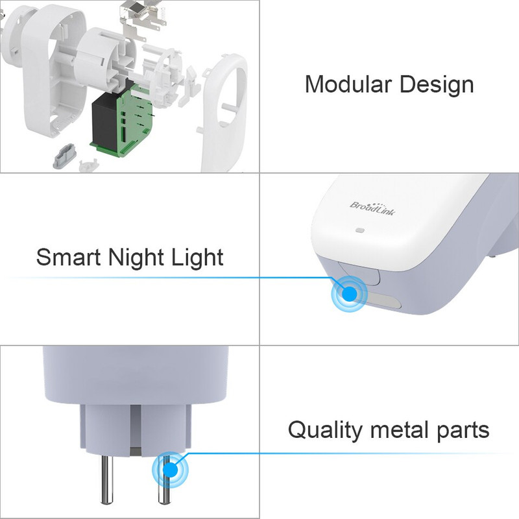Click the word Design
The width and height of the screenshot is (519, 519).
[437, 86]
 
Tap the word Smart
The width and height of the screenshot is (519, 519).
[68, 257]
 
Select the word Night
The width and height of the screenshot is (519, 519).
[136, 258]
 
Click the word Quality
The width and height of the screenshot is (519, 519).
[324, 431]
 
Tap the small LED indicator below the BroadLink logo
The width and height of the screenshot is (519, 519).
[360, 230]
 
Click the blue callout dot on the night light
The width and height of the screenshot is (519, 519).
[349, 294]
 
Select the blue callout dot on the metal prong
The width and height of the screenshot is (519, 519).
[170, 470]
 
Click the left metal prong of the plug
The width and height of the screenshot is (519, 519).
[106, 479]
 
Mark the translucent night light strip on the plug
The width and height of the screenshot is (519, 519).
[383, 300]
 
